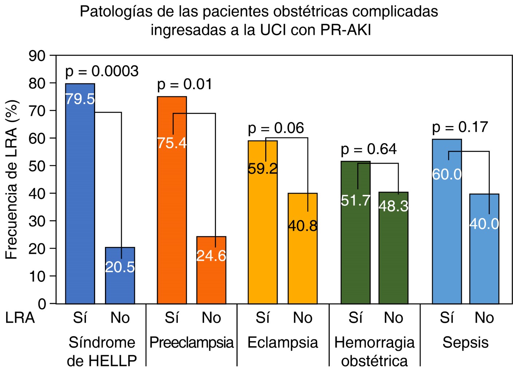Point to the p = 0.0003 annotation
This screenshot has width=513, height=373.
(x=102, y=71)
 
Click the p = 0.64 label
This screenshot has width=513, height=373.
(x=368, y=149)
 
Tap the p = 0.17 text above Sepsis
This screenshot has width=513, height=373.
(x=460, y=127)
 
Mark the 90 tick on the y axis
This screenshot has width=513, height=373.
(x=37, y=56)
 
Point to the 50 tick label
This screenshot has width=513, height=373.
(x=37, y=166)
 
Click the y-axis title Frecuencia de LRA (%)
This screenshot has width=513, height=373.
(x=12, y=179)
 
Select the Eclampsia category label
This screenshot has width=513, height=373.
(x=283, y=343)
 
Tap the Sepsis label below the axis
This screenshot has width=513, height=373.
(x=465, y=343)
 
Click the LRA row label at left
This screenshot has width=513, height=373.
(x=20, y=318)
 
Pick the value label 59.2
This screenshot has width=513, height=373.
(x=263, y=169)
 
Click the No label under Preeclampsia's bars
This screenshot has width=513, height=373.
(x=211, y=318)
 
